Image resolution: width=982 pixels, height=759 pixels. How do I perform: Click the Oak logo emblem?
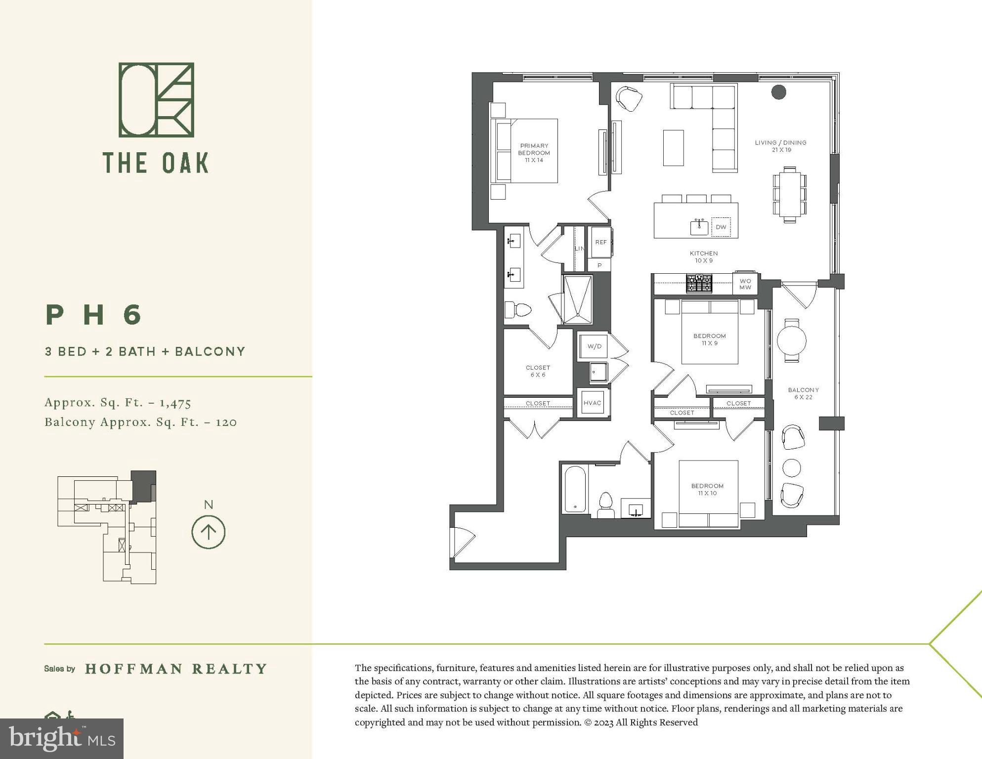coord(156,100)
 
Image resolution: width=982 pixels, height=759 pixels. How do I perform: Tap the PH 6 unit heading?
coord(94,315)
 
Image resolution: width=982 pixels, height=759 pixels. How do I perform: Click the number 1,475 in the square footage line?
coord(175,403)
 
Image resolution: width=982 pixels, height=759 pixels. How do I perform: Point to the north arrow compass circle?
coord(208,532)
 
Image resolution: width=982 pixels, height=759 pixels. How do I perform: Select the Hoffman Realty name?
coord(176,669)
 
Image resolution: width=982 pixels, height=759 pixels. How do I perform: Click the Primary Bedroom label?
coord(534,153)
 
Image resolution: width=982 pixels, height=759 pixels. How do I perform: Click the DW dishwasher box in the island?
coord(721,227)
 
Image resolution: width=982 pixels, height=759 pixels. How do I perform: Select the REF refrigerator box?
coord(600,242)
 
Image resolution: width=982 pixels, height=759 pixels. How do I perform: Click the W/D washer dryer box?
coord(594,346)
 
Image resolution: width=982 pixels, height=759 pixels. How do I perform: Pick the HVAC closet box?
coord(592,403)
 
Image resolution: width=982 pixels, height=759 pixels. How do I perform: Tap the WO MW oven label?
coord(745,284)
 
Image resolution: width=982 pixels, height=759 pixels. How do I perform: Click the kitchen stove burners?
coord(699,284)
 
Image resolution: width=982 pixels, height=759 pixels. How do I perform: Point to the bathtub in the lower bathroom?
coord(575,489)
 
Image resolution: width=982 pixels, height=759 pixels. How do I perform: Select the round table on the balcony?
coord(791,340)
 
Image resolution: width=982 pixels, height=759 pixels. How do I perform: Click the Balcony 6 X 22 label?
coord(803,393)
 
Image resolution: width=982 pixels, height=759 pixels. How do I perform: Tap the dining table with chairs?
coord(789,194)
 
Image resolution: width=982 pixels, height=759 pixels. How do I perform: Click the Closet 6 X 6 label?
coord(538,371)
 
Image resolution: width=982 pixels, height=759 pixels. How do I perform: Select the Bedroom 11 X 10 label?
coord(707,489)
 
